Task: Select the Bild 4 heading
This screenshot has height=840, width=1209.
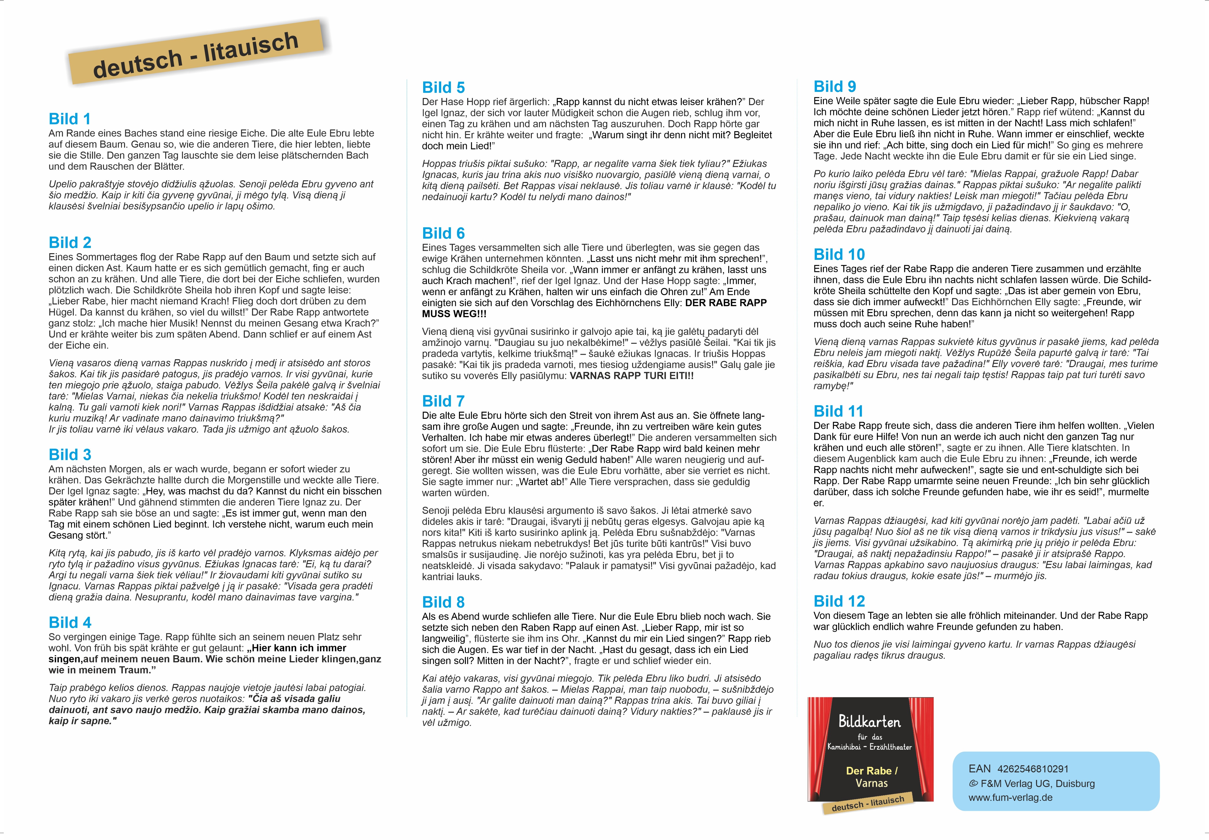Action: pyautogui.click(x=70, y=623)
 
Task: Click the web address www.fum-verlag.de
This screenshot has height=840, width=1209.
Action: pyautogui.click(x=1010, y=797)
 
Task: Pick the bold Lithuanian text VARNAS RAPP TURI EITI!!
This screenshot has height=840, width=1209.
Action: pyautogui.click(x=631, y=376)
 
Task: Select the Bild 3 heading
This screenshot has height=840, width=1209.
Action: pyautogui.click(x=70, y=455)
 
